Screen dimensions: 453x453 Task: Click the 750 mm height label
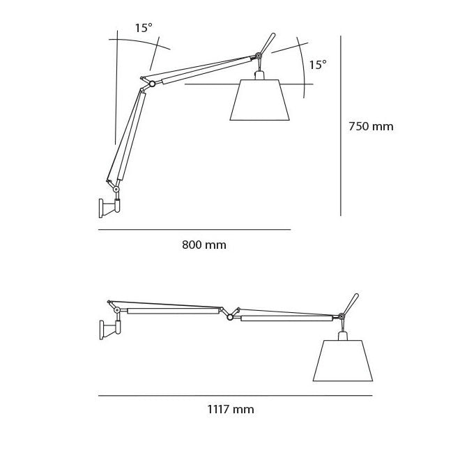pyautogui.click(x=371, y=127)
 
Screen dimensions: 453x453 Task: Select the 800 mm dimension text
pyautogui.click(x=204, y=245)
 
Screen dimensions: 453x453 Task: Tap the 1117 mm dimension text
pyautogui.click(x=231, y=409)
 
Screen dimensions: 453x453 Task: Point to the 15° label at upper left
pyautogui.click(x=144, y=28)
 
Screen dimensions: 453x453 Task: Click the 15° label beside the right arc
pyautogui.click(x=318, y=65)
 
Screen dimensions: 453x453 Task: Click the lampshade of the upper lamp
pyautogui.click(x=260, y=100)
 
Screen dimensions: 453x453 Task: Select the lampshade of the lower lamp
pyautogui.click(x=343, y=360)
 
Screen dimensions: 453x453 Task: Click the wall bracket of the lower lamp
pyautogui.click(x=109, y=330)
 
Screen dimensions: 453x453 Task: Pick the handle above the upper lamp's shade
pyautogui.click(x=268, y=43)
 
